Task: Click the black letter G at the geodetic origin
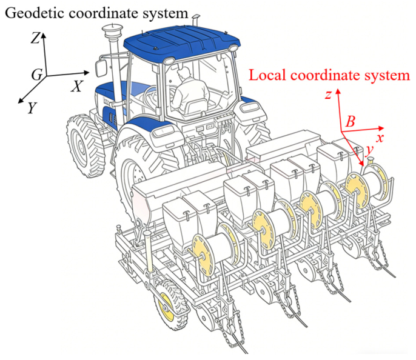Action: pyautogui.click(x=37, y=75)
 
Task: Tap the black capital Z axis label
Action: pyautogui.click(x=36, y=38)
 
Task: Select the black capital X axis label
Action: pyautogui.click(x=77, y=86)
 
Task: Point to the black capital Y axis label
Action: pyautogui.click(x=32, y=108)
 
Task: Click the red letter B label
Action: pyautogui.click(x=351, y=122)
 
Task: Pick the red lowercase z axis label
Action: pyautogui.click(x=329, y=95)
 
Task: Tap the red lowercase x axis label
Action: pyautogui.click(x=380, y=138)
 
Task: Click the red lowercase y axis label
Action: pyautogui.click(x=369, y=150)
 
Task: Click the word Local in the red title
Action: pyautogui.click(x=267, y=75)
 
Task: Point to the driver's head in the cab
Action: pyautogui.click(x=184, y=73)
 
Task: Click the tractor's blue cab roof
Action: pyautogui.click(x=181, y=39)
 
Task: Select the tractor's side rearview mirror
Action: pyautogui.click(x=101, y=68)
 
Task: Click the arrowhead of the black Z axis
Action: pyautogui.click(x=43, y=35)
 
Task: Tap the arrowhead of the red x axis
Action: pyautogui.click(x=381, y=128)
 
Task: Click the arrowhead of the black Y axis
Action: pyautogui.click(x=20, y=101)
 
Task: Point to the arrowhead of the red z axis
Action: pyautogui.click(x=338, y=92)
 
